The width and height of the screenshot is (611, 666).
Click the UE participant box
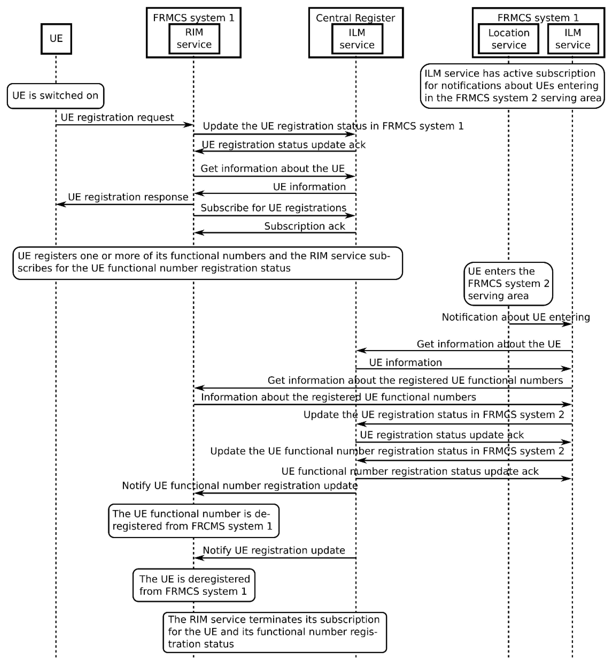(56, 39)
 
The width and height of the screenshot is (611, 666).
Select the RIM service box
(194, 39)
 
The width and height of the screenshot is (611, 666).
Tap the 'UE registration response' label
(128, 197)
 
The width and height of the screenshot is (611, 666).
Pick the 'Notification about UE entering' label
(516, 317)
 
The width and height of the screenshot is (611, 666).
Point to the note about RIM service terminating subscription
(275, 632)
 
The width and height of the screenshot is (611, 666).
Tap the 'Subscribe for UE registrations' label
(273, 208)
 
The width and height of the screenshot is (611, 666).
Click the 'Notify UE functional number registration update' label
(240, 486)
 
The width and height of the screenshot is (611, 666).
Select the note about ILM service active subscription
(512, 86)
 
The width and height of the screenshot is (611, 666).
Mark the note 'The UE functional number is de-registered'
(194, 520)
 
